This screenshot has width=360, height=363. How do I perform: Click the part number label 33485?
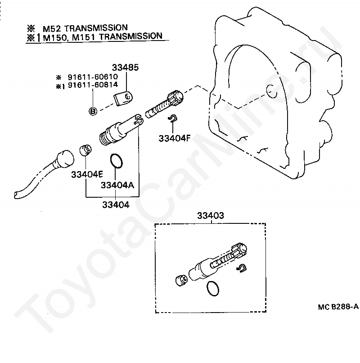126,68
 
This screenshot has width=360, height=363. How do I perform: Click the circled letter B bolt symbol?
93,111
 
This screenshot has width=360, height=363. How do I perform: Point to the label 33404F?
174,138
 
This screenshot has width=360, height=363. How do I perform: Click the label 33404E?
87,174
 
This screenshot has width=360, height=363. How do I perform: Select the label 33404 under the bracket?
116,205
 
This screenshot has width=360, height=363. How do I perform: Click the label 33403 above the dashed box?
210,216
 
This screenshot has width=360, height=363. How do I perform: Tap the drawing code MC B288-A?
337,307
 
